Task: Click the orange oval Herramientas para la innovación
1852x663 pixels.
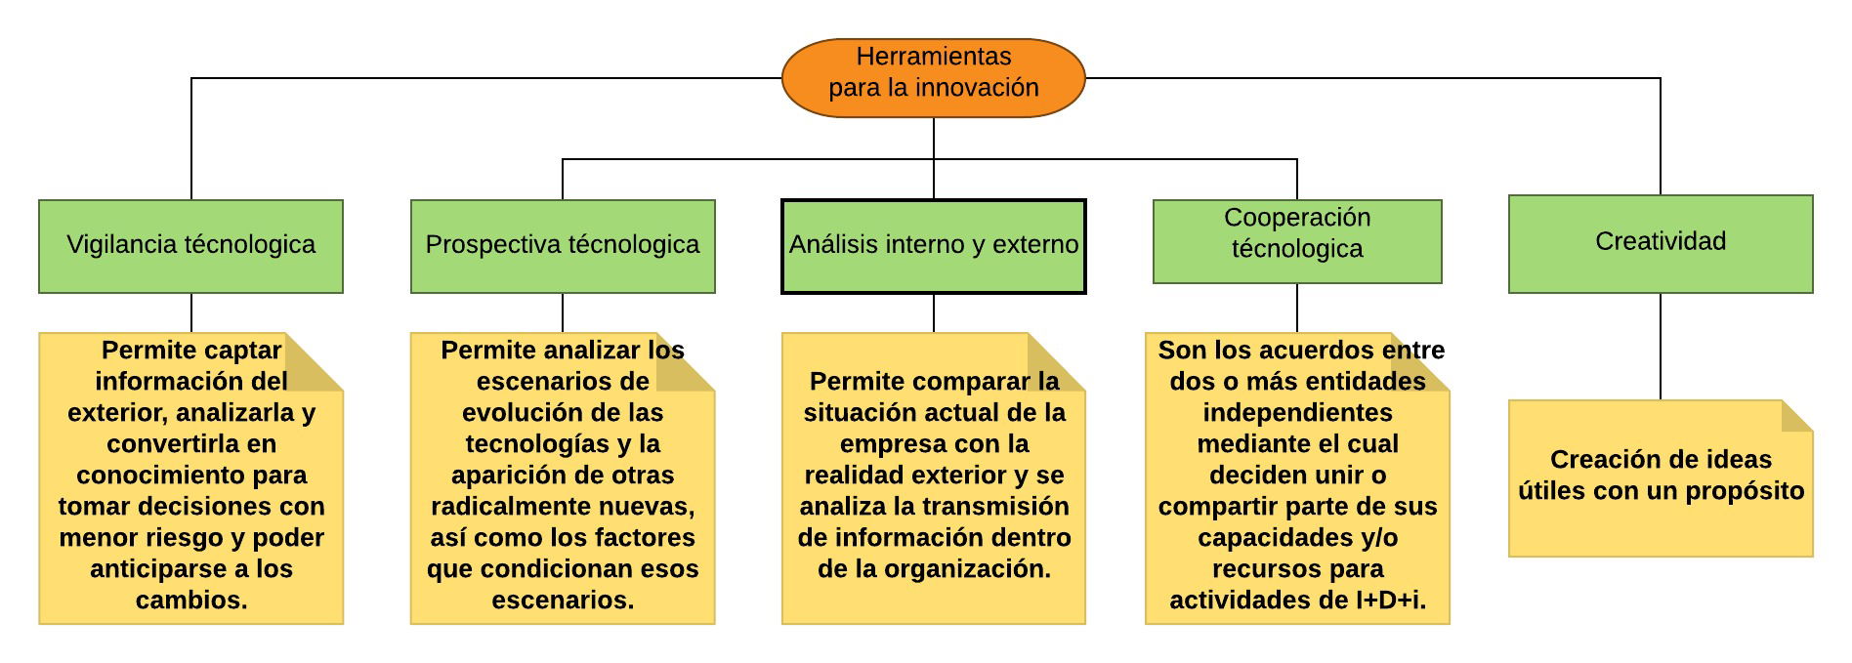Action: coord(934,78)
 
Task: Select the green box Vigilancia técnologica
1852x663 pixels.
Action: coord(191,246)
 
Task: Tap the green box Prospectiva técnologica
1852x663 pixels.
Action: coord(563,246)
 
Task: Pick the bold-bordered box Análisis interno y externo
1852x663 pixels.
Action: coord(934,246)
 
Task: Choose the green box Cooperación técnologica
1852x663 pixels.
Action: coord(1297,241)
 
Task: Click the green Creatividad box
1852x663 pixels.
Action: coord(1661,244)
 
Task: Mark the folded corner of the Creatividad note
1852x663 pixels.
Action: coord(1796,416)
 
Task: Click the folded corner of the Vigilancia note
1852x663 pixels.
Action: coord(314,362)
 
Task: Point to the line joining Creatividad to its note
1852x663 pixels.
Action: coord(1661,347)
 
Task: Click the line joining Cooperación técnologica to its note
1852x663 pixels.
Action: coord(1297,309)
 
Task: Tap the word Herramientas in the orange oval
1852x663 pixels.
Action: coord(934,57)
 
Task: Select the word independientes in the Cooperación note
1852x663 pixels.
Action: coord(1297,413)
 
